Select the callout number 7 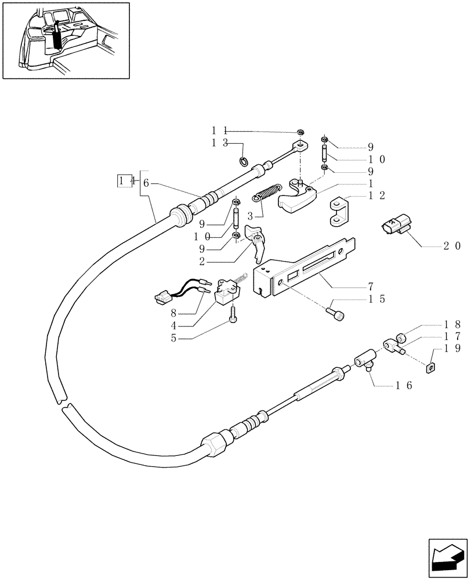pos(369,287)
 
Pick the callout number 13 pos(219,144)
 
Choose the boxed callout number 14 pos(123,181)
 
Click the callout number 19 pos(452,349)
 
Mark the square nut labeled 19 pos(430,368)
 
